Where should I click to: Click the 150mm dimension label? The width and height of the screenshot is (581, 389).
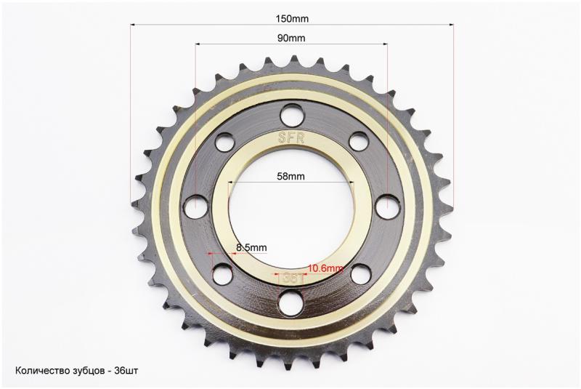292,19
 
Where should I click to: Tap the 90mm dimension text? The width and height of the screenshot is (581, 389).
291,38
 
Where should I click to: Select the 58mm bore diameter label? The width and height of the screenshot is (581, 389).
291,176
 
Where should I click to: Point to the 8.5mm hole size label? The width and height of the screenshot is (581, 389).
251,247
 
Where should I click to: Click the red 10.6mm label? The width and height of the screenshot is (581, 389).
325,268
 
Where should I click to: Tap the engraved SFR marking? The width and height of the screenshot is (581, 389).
291,138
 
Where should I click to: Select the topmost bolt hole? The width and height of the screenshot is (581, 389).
292,114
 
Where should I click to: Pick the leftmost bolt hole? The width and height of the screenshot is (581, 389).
196,205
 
